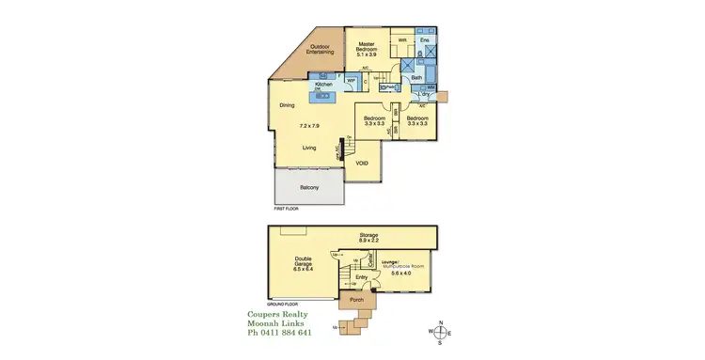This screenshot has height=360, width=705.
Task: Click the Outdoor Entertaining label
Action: [x=322, y=49]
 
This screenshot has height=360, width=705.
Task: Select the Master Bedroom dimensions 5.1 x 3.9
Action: [x=367, y=56]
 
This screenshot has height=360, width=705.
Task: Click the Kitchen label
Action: [x=325, y=85]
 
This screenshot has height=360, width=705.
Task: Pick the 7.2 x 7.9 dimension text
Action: [x=309, y=126]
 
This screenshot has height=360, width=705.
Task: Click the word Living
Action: [x=309, y=148]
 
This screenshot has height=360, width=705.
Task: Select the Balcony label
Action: [x=309, y=188]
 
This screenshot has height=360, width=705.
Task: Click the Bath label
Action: [x=415, y=78]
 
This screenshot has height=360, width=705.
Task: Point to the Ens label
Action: [x=424, y=40]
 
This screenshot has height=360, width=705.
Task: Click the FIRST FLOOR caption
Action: [x=285, y=206]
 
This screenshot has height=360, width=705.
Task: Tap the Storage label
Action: [x=368, y=235]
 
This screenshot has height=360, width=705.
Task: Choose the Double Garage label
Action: [x=302, y=262]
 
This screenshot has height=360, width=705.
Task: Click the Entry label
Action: [x=362, y=278]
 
